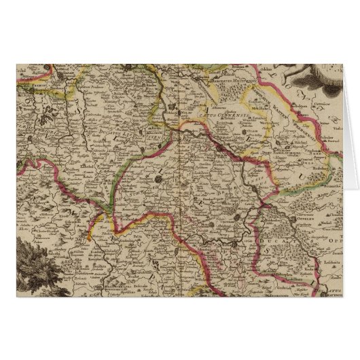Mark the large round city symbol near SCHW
pos(157,180)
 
